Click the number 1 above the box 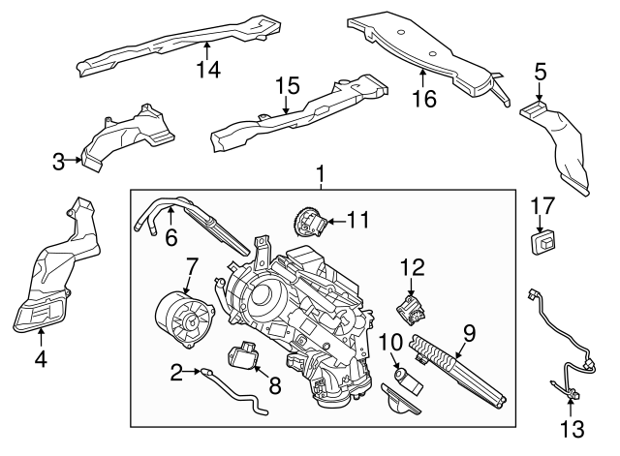(321, 174)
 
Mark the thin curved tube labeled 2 (232, 392)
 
